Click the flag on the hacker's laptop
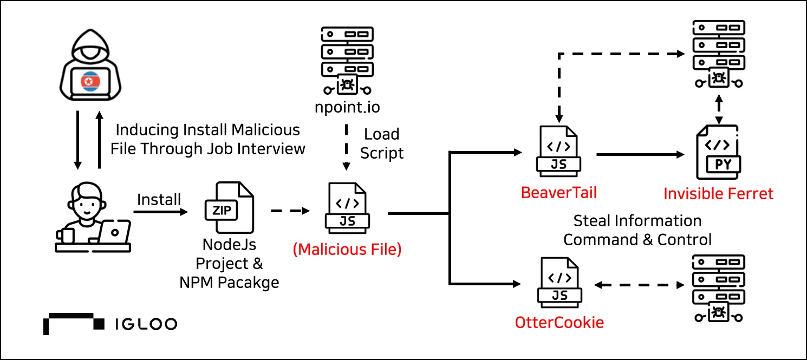point(90,81)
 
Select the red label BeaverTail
point(558,193)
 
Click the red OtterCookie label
point(559,323)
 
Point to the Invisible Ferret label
point(719,194)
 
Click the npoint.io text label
point(347,107)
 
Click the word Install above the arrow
point(159,199)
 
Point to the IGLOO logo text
point(146,324)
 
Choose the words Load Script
point(382,143)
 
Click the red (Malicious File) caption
point(347,250)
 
